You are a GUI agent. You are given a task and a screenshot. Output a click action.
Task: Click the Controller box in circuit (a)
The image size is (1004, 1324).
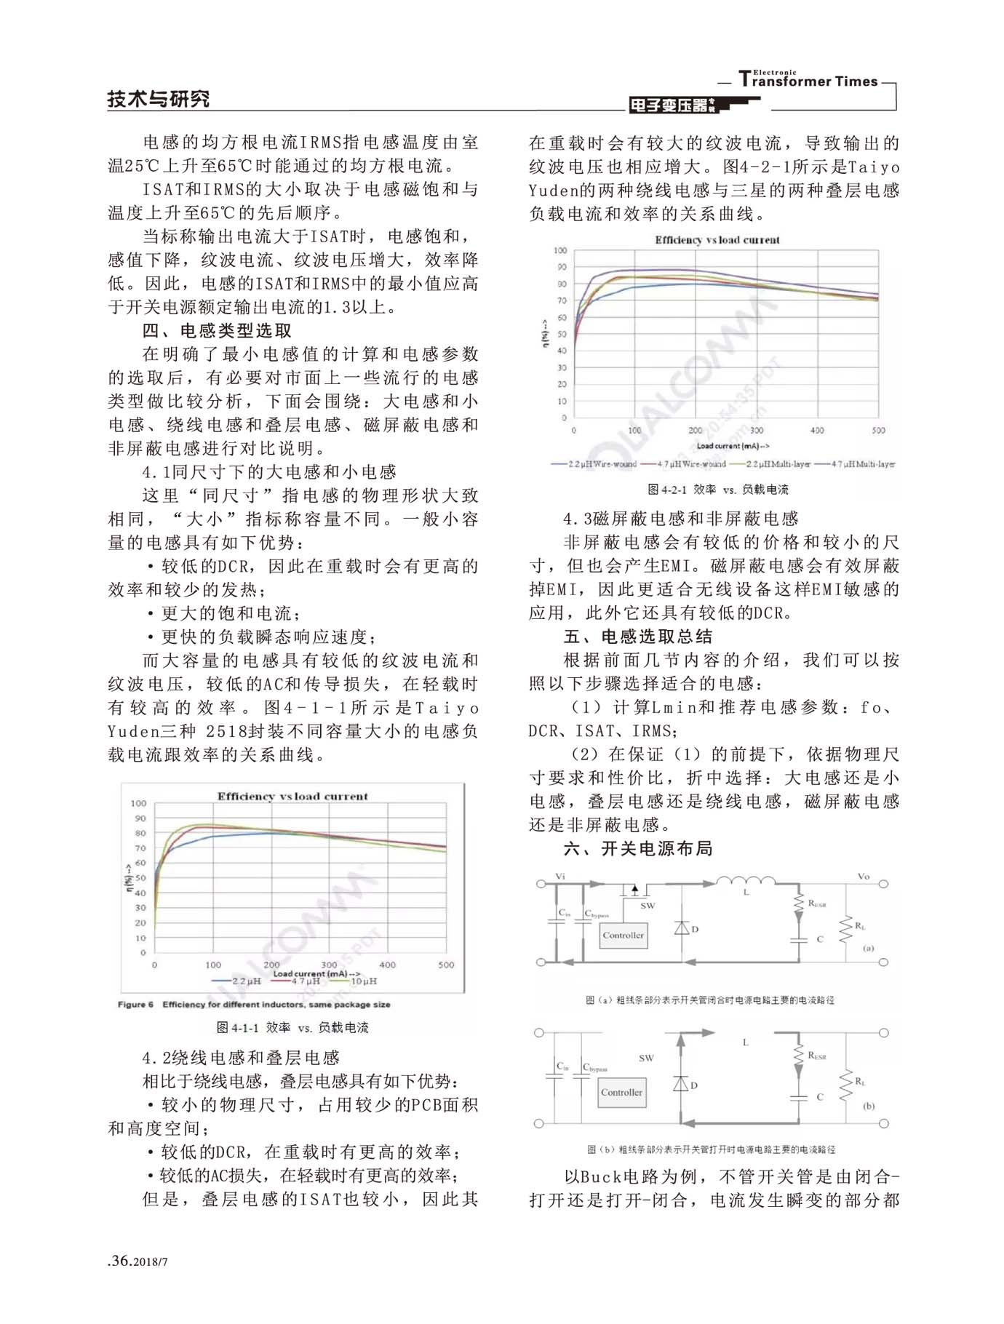pyautogui.click(x=623, y=935)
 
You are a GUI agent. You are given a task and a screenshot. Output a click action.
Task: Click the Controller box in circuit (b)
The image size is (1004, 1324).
pyautogui.click(x=621, y=1092)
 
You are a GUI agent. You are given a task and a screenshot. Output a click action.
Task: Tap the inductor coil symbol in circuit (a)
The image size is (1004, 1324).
pyautogui.click(x=746, y=881)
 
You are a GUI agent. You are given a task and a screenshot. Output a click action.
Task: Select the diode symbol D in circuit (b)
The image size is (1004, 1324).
pyautogui.click(x=682, y=1083)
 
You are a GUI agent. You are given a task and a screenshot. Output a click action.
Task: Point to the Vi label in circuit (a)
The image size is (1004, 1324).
pyautogui.click(x=559, y=876)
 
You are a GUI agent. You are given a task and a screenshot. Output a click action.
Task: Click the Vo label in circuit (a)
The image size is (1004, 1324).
pyautogui.click(x=863, y=876)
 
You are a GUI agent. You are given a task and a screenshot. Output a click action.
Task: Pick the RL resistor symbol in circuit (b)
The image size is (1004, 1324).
pyautogui.click(x=845, y=1085)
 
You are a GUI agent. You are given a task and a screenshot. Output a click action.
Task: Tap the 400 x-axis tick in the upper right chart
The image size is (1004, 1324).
pyautogui.click(x=817, y=430)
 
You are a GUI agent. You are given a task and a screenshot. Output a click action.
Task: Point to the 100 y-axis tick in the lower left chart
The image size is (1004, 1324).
pyautogui.click(x=138, y=803)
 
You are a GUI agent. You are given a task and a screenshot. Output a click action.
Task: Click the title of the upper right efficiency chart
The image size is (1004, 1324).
pyautogui.click(x=717, y=239)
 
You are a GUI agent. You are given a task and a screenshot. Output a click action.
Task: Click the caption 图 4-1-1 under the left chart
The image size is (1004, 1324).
pyautogui.click(x=292, y=1027)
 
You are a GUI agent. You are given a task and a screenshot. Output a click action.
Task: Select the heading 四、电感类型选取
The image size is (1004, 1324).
pyautogui.click(x=217, y=331)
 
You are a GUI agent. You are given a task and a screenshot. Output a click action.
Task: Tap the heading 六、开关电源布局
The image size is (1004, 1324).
pyautogui.click(x=638, y=848)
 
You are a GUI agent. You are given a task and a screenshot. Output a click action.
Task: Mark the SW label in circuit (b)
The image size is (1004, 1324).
pyautogui.click(x=646, y=1058)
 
